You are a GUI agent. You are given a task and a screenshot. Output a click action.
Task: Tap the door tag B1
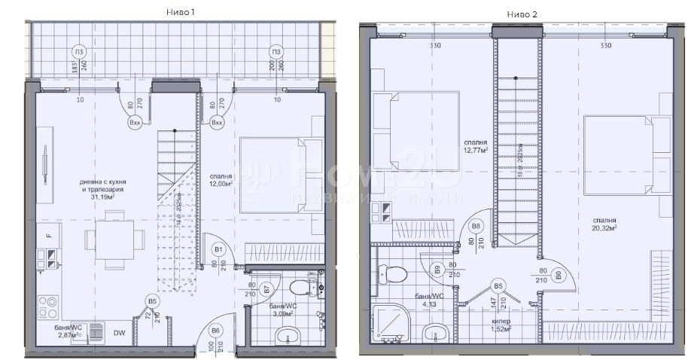point(218,249)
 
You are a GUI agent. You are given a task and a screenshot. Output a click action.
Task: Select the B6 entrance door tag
point(215,330)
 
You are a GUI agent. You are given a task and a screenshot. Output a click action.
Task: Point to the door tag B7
point(266,288)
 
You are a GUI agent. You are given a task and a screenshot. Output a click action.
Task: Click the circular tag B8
point(476,226)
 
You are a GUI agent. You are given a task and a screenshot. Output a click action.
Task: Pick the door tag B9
point(437,268)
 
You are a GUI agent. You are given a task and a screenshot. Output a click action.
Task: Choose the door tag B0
point(558,276)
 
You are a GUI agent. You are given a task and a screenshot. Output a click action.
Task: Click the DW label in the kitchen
point(119,333)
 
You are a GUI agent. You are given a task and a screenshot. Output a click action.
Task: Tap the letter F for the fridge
point(48,236)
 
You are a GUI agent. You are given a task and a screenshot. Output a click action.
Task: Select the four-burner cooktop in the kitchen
point(48,305)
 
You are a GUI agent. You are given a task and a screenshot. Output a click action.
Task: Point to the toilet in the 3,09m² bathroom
point(304,287)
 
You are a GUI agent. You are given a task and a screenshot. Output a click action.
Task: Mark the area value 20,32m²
point(604,227)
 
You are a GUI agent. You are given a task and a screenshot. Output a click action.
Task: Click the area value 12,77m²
point(476,150)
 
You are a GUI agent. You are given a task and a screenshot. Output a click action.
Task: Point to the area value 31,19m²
point(102,199)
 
